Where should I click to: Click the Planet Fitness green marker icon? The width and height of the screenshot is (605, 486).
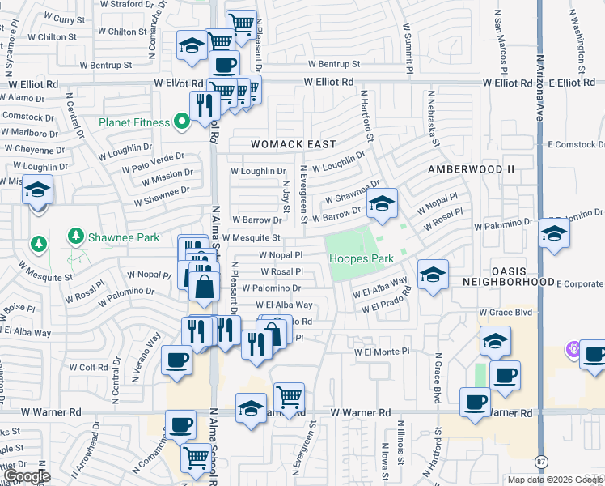click(182, 122)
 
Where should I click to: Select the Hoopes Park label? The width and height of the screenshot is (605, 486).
click(361, 259)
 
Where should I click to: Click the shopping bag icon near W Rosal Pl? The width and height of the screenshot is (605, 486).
click(205, 286)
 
